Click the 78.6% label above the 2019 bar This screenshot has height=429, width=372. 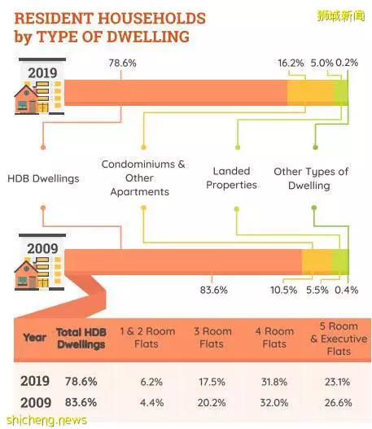click(x=122, y=63)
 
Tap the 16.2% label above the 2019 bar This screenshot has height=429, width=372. click(x=291, y=63)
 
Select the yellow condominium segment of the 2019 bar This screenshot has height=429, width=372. click(x=310, y=93)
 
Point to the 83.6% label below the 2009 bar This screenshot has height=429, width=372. click(x=213, y=290)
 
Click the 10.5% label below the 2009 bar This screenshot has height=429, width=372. click(x=283, y=290)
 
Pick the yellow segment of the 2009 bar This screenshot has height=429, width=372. click(x=317, y=262)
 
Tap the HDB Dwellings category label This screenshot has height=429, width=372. click(x=43, y=178)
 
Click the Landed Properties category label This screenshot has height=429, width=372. click(x=231, y=177)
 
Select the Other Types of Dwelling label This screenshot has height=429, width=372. click(x=311, y=178)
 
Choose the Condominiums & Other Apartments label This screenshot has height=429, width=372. click(x=143, y=177)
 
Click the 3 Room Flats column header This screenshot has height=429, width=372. click(x=212, y=338)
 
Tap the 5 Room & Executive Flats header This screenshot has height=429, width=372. click(x=339, y=339)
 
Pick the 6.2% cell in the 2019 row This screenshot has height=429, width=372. click(x=151, y=382)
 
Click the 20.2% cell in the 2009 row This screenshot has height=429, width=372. click(x=212, y=403)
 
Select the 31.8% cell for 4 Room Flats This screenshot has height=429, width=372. click(x=274, y=382)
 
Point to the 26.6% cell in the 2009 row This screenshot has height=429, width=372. click(x=338, y=403)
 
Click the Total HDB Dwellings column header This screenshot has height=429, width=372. click(x=81, y=338)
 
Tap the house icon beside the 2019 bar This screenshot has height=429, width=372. click(x=27, y=99)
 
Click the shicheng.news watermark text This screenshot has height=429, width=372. click(x=46, y=420)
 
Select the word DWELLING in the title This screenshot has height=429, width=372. click(x=148, y=37)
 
